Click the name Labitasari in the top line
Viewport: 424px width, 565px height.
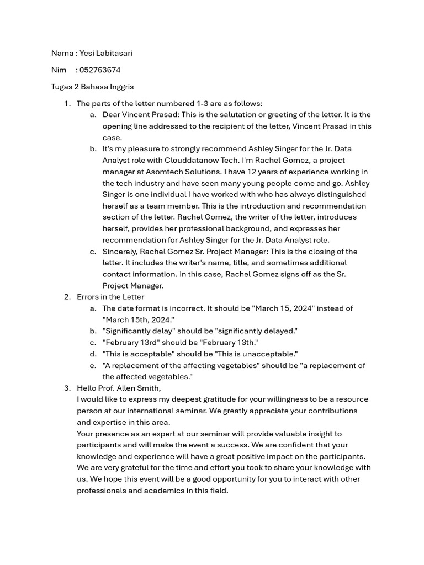point(114,53)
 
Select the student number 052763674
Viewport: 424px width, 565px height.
point(100,70)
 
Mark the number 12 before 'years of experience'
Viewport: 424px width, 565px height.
point(245,172)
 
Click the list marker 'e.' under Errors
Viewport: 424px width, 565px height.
point(93,365)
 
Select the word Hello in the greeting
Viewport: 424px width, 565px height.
point(87,388)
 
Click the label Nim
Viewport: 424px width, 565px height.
point(59,70)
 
